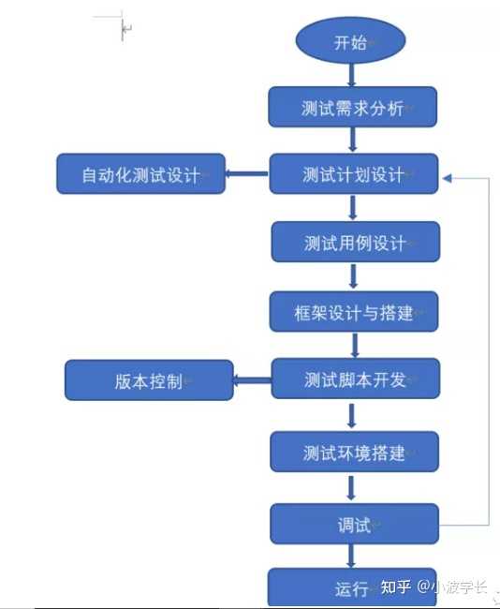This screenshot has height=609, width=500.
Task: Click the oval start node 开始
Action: pyautogui.click(x=351, y=43)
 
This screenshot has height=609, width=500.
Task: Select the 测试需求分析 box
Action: pyautogui.click(x=353, y=108)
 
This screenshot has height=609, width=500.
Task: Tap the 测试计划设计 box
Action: pyautogui.click(x=354, y=174)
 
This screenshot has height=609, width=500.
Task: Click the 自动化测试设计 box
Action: pyautogui.click(x=140, y=174)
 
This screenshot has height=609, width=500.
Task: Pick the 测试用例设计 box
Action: pyautogui.click(x=355, y=242)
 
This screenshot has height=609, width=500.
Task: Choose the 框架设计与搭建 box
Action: pyautogui.click(x=354, y=312)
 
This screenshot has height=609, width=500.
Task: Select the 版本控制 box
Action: pyautogui.click(x=149, y=380)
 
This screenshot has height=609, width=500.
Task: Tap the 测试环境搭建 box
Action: pyautogui.click(x=354, y=452)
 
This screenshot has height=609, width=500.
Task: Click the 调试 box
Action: pyautogui.click(x=354, y=524)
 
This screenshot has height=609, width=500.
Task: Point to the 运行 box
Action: pyautogui.click(x=352, y=588)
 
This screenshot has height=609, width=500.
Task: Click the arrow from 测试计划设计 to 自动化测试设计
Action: pyautogui.click(x=247, y=173)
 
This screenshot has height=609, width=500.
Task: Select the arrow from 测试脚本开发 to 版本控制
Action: pyautogui.click(x=251, y=379)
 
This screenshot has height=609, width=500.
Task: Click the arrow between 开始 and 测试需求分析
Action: pyautogui.click(x=352, y=75)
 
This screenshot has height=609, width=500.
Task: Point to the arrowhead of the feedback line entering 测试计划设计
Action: pyautogui.click(x=449, y=176)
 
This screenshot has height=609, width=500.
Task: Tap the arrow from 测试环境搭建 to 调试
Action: pyautogui.click(x=352, y=487)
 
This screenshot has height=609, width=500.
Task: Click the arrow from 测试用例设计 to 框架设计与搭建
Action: pyautogui.click(x=353, y=276)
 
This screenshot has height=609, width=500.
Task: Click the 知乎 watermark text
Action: pyautogui.click(x=396, y=587)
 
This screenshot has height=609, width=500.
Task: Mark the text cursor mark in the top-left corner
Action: pyautogui.click(x=123, y=29)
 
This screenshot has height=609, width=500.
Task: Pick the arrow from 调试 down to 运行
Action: pyautogui.click(x=352, y=556)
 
